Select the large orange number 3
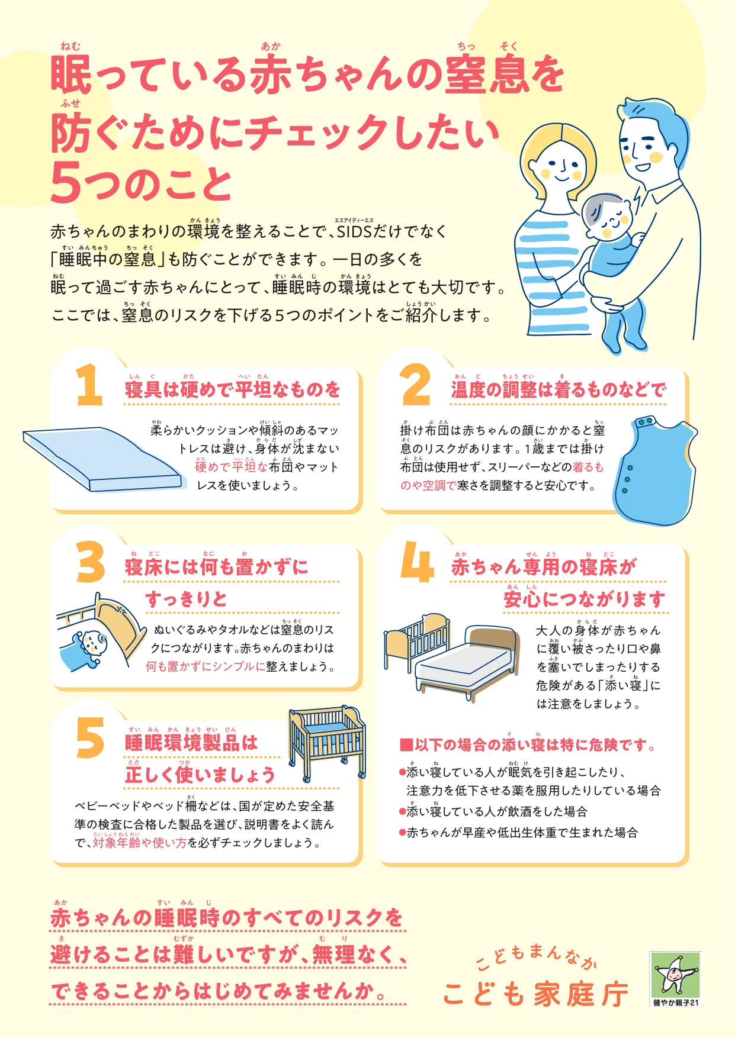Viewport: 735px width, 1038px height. click(x=91, y=562)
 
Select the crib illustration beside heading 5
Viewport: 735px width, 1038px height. click(x=327, y=743)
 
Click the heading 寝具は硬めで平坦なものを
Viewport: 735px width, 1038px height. click(x=233, y=389)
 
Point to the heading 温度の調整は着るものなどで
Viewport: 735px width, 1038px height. click(x=559, y=389)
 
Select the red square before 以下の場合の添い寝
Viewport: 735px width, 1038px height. click(x=406, y=744)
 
